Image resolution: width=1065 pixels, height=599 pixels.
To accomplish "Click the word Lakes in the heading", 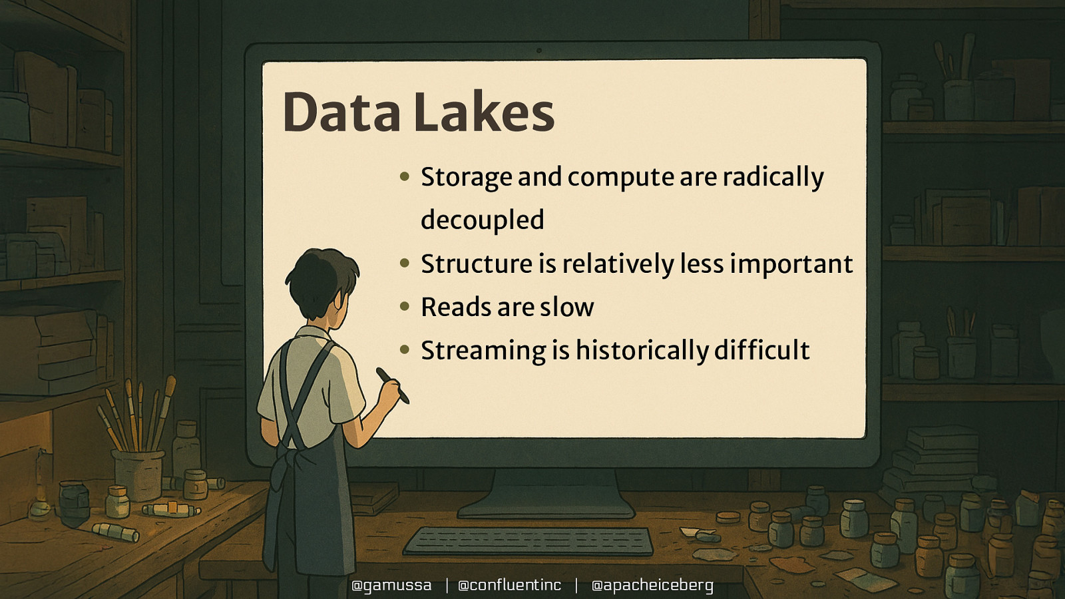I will [x=484, y=112].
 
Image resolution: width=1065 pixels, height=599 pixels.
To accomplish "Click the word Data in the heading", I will [x=341, y=112].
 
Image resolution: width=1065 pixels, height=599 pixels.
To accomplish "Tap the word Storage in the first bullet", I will [x=467, y=178].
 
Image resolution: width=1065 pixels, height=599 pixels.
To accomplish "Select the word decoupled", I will [x=483, y=220].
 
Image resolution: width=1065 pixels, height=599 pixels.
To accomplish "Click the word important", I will [x=791, y=264].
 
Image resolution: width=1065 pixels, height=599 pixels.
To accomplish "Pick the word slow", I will [x=566, y=307].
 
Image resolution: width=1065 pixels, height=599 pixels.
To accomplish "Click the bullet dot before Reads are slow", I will [x=405, y=307].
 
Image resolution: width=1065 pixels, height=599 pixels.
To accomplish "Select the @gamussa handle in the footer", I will [x=391, y=585].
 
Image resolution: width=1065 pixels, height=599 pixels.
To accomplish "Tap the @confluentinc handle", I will [x=510, y=585].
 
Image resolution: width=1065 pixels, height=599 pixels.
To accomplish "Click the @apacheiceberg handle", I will [x=652, y=585].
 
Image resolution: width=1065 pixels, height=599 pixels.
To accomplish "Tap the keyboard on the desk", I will [x=529, y=540].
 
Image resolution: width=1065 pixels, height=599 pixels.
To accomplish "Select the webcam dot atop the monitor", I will [x=539, y=51].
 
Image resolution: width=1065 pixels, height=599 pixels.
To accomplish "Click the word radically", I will [x=773, y=178].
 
